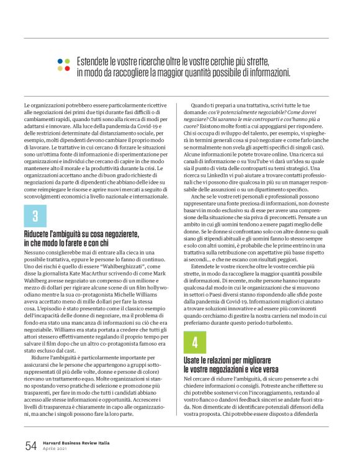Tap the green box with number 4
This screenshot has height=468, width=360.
pos(195,342)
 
